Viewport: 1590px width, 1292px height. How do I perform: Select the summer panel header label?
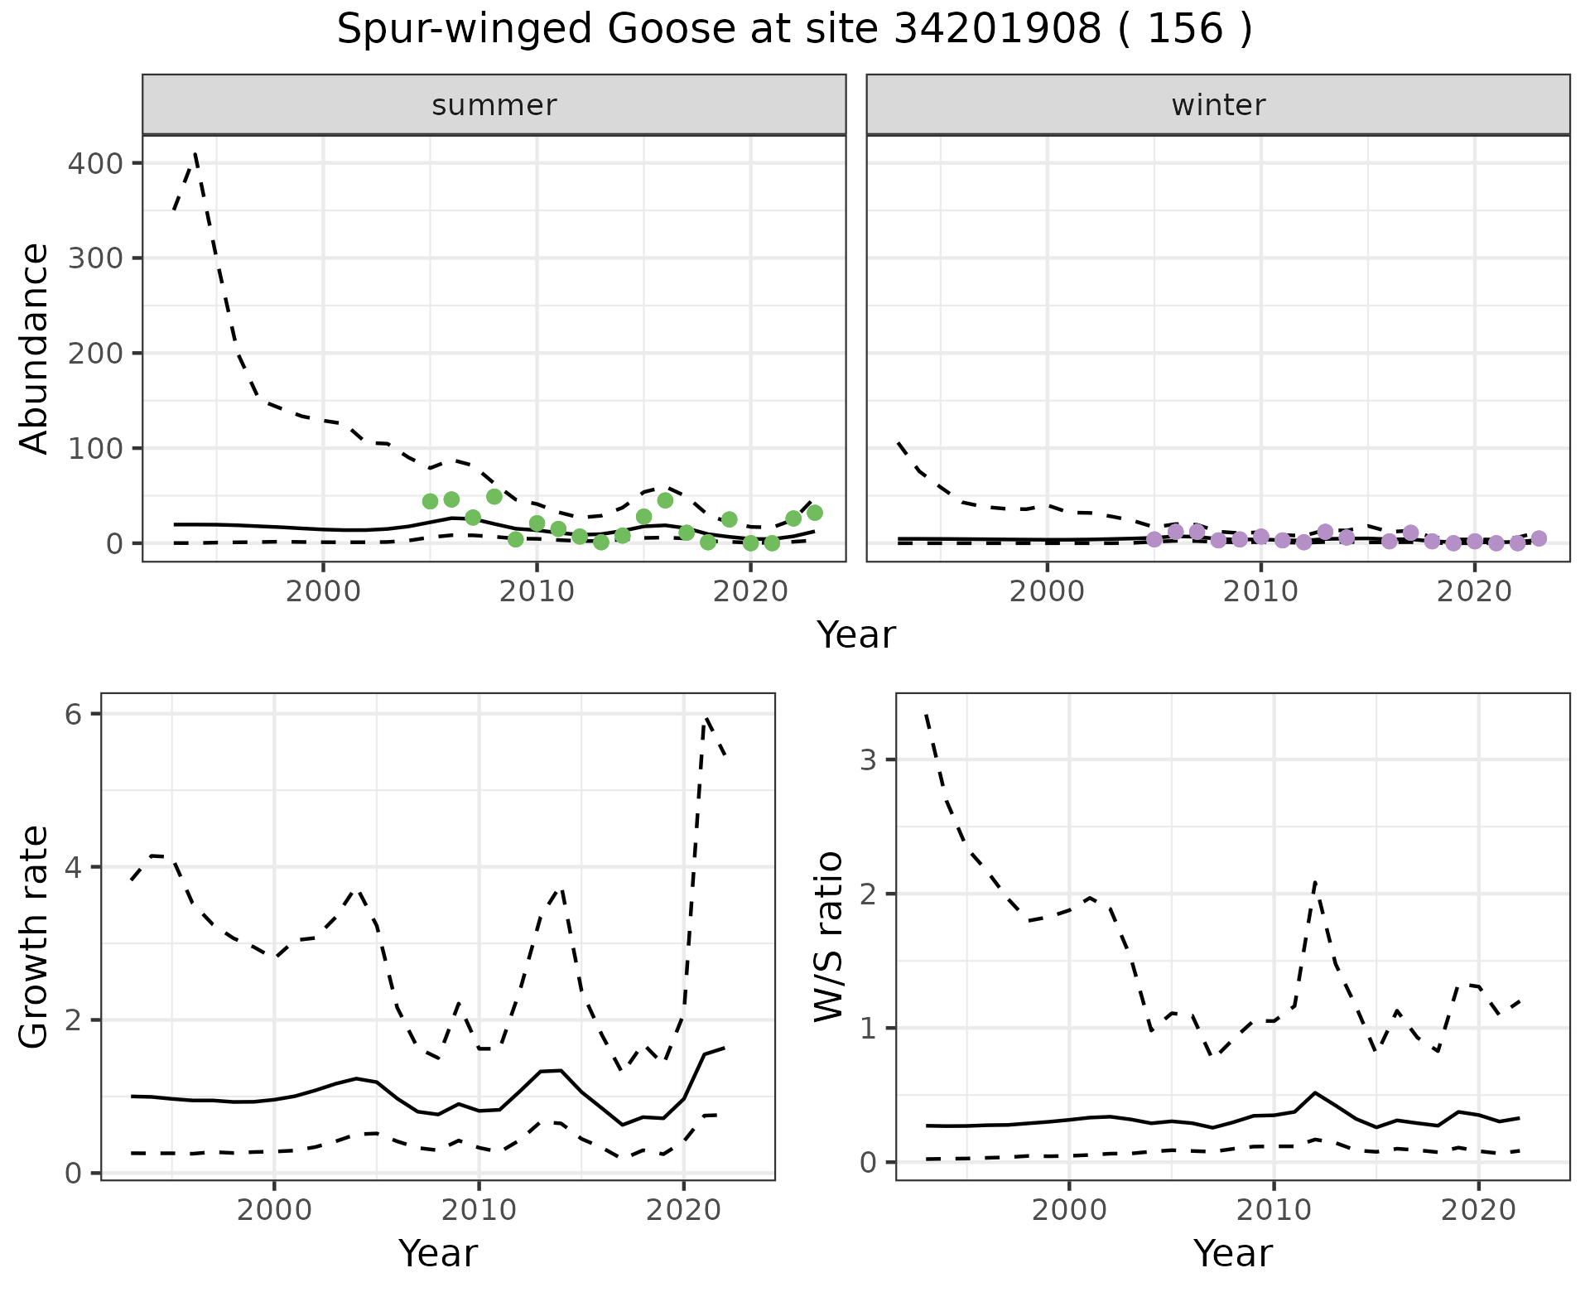494,105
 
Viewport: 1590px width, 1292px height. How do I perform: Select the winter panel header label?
1218,105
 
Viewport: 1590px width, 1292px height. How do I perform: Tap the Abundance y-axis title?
34,349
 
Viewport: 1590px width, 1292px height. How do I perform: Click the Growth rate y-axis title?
34,937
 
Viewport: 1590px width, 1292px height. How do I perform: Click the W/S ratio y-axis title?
829,937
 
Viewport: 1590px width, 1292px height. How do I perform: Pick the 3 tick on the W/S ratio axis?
868,759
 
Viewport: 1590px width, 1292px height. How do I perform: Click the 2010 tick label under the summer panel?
537,592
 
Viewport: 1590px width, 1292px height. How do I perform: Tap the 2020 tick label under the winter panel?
1474,592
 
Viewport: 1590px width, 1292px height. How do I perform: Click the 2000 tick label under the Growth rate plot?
273,1210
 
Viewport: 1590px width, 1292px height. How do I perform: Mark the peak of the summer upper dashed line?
195,153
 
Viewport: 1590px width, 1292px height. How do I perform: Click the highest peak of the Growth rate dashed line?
706,718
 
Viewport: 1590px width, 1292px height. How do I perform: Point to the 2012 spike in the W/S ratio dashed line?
1315,883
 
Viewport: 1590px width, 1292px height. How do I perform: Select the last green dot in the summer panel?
814,513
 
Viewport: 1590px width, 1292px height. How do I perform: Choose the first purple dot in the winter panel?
1154,539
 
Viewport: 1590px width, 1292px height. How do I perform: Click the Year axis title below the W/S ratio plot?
1232,1253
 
